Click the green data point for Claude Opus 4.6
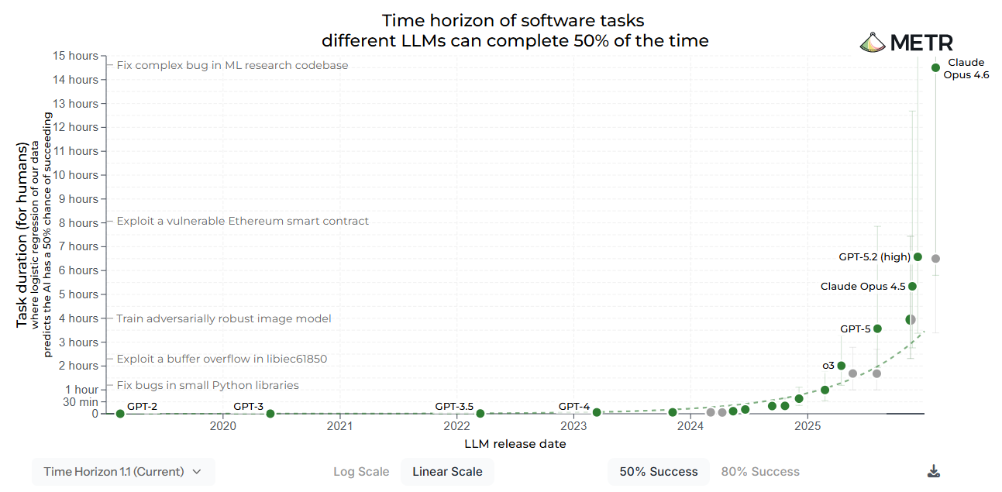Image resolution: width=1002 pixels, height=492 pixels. pos(935,67)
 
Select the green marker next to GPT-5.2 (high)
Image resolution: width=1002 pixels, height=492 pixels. pos(918,256)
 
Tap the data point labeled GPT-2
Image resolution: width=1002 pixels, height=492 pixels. pos(120,414)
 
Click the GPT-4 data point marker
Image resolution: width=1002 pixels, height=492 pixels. pos(597,412)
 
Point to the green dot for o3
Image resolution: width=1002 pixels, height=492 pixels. pos(842,366)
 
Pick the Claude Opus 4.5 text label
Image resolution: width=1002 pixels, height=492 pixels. pos(863,287)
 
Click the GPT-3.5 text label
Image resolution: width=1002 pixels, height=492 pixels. pos(454,406)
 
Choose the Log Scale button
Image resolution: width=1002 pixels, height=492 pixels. pos(361,471)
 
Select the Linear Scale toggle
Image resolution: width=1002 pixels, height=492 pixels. pos(447,471)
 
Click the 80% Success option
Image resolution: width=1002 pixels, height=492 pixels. pos(760,471)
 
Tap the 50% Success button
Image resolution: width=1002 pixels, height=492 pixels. pos(659,471)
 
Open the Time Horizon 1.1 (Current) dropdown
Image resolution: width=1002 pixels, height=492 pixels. pos(123,471)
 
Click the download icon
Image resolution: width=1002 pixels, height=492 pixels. pos(934,471)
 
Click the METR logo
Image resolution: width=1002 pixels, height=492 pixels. pos(907,43)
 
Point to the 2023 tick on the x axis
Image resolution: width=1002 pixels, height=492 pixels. pos(573,425)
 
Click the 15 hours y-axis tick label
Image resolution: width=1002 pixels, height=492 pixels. pos(77,56)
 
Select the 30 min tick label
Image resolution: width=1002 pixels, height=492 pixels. pos(81,401)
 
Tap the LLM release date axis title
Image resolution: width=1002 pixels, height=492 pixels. pos(515,444)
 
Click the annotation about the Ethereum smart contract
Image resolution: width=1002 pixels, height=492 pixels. pos(243,221)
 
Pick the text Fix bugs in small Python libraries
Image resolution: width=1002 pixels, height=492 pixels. pos(208,385)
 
